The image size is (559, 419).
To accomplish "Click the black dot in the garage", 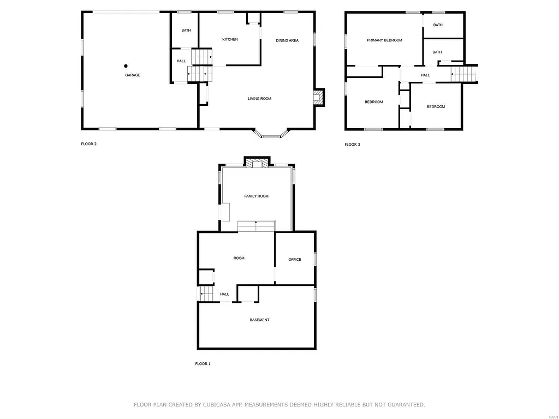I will pyautogui.click(x=126, y=65).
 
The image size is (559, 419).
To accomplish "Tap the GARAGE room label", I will pyautogui.click(x=133, y=75).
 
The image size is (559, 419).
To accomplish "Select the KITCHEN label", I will pyautogui.click(x=230, y=39).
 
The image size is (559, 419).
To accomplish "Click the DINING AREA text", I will pyautogui.click(x=287, y=40).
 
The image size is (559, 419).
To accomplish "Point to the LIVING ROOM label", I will pyautogui.click(x=259, y=99).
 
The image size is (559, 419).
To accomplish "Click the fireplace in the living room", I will pyautogui.click(x=318, y=98).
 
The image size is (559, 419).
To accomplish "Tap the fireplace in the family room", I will pyautogui.click(x=256, y=163).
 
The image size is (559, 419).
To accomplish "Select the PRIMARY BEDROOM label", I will pyautogui.click(x=384, y=40).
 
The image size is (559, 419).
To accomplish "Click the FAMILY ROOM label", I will pyautogui.click(x=256, y=196).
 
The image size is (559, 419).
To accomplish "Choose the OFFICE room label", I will pyautogui.click(x=295, y=260).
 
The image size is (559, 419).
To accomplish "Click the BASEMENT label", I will pyautogui.click(x=259, y=320).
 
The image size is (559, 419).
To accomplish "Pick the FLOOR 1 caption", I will pyautogui.click(x=203, y=364).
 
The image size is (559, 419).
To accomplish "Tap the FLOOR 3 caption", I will pyautogui.click(x=352, y=145).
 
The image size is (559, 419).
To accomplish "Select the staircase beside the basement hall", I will pyautogui.click(x=206, y=294).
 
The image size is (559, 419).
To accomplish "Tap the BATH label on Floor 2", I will pyautogui.click(x=186, y=30).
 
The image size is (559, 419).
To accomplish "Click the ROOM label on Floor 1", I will pyautogui.click(x=239, y=258).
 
